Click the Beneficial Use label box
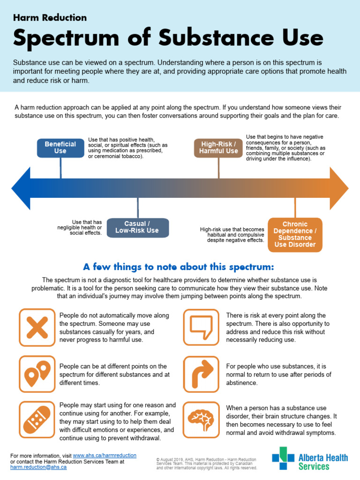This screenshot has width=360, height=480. [x=60, y=148]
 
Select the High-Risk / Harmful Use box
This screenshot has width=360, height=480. [x=218, y=148]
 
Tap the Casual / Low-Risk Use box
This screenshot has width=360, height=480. [x=137, y=227]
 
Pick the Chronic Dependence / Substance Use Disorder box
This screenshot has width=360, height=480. [x=295, y=234]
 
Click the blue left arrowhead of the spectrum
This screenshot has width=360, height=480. [x=21, y=188]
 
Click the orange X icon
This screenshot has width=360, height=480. [x=37, y=327]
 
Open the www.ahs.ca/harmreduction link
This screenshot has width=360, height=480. [x=105, y=455]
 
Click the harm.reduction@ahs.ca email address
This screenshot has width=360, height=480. [x=38, y=467]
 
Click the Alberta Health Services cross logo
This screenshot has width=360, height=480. [x=283, y=458]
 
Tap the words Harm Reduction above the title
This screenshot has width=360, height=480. [x=50, y=18]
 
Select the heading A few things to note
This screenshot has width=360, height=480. [x=178, y=267]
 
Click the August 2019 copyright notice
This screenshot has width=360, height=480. [x=206, y=463]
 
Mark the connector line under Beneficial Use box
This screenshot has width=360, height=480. [x=60, y=168]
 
